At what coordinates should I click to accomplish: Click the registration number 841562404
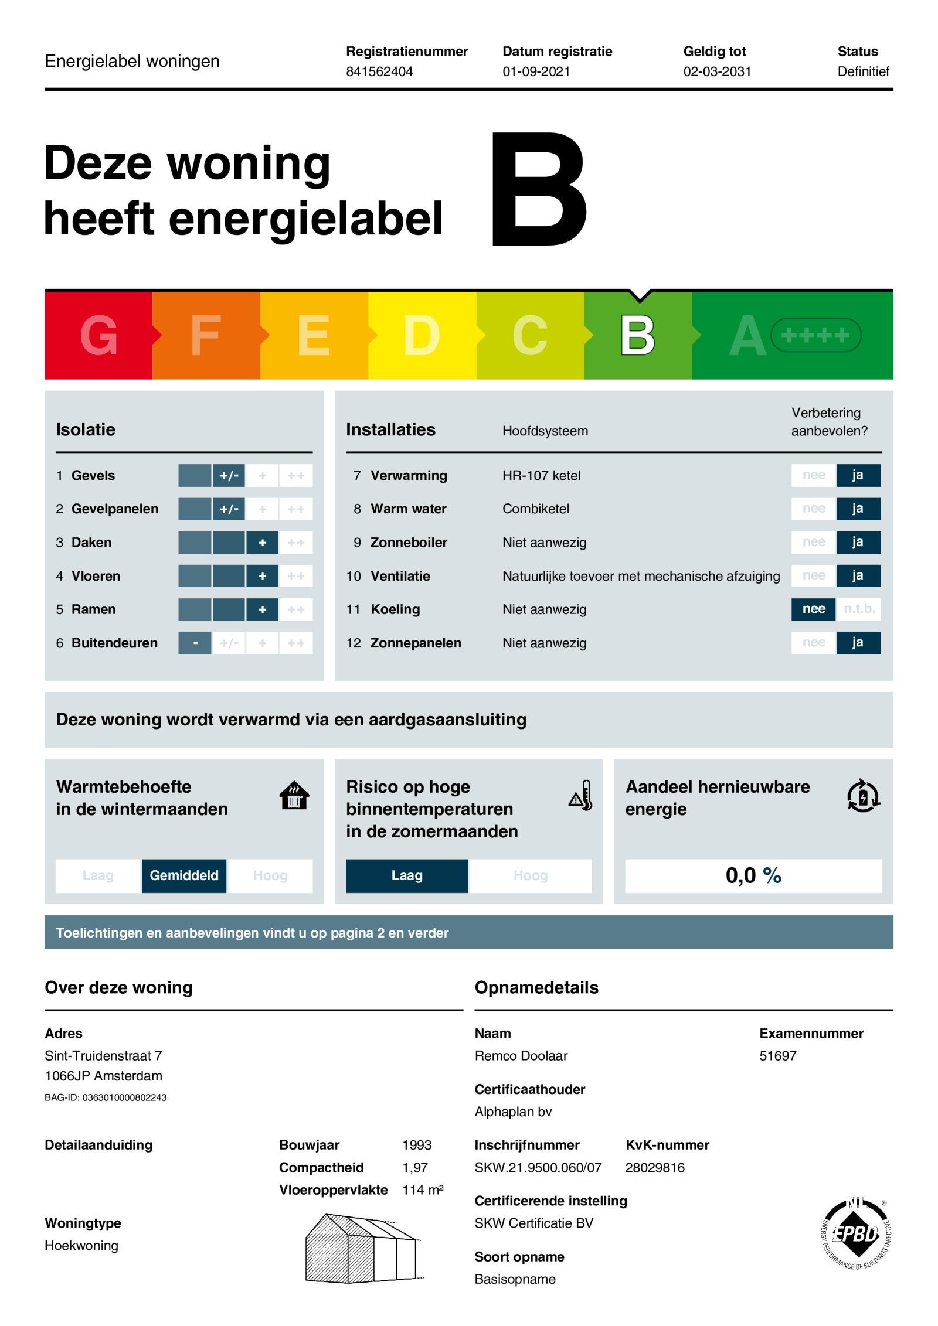379,71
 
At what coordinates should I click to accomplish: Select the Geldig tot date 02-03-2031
716,71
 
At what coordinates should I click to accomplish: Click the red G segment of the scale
98,335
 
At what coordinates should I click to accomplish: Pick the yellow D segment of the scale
422,335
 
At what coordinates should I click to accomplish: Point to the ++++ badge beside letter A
815,335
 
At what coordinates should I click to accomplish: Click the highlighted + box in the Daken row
262,543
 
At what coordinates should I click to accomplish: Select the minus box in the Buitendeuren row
195,643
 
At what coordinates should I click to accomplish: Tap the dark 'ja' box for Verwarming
857,475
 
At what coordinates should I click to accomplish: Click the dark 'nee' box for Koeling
813,609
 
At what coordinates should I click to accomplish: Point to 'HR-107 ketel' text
541,475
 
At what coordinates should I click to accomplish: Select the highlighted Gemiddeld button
183,875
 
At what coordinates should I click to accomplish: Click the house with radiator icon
294,796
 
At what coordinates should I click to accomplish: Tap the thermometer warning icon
581,796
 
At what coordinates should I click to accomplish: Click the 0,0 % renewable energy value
753,875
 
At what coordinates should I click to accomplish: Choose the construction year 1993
416,1145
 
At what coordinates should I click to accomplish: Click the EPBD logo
855,1233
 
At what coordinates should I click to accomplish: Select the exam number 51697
777,1056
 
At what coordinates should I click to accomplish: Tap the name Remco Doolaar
521,1056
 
